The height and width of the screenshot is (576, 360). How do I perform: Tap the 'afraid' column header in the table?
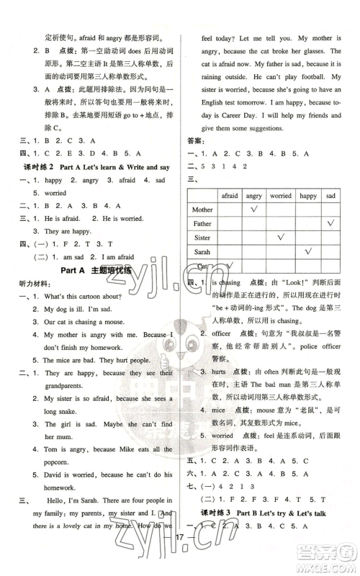click(229, 195)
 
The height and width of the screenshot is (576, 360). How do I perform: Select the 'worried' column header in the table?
click(280, 195)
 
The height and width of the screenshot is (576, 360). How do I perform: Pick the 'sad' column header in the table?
click(330, 195)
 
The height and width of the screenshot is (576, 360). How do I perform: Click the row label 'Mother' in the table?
click(204, 210)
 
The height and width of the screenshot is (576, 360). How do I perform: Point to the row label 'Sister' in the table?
click(202, 237)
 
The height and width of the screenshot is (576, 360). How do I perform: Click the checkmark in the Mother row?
click(253, 210)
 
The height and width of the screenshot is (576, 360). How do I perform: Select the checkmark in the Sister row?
click(280, 237)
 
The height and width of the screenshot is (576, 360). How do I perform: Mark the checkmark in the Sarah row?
click(307, 251)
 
